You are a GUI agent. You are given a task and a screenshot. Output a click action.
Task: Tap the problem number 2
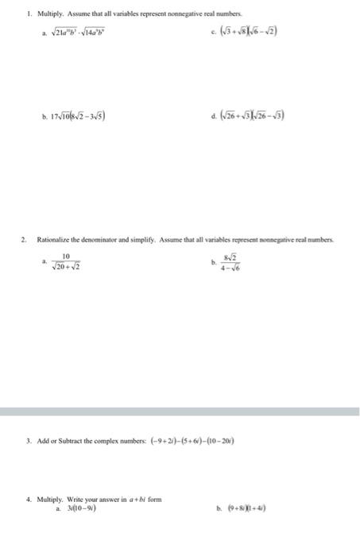tap(24, 238)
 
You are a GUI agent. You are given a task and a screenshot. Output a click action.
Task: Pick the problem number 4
tap(28, 500)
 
